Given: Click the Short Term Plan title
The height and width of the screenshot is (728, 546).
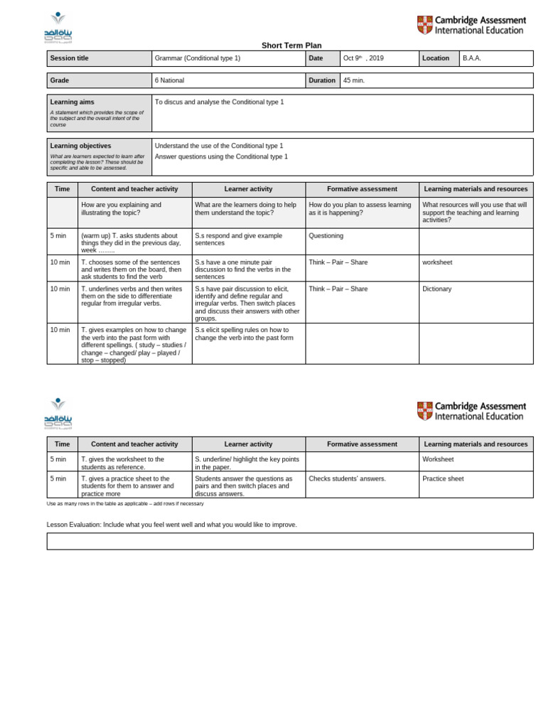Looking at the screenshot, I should coord(291,45).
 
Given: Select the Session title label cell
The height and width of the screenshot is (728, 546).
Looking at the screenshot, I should coord(69,58).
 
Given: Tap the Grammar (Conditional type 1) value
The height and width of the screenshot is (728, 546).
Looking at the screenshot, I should coord(198,58).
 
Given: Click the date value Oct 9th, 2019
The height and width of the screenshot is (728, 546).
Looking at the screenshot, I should coord(363,58).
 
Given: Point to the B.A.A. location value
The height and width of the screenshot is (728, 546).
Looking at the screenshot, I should coord(472,58).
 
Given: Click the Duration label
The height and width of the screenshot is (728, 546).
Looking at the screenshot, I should coord(322,80).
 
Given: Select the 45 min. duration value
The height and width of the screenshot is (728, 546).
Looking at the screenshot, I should coord(354,80).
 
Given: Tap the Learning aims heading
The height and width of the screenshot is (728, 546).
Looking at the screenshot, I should coord(72,102).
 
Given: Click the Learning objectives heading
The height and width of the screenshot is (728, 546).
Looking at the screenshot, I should coord(80,146).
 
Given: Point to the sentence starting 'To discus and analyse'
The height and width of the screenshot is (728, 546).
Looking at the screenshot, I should coord(219,102).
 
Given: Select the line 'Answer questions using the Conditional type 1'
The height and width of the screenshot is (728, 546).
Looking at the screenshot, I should coord(221,156).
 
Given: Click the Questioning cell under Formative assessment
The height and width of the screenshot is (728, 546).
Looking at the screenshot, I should coord(326,236).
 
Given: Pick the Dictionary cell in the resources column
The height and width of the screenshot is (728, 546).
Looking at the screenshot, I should coord(437,289).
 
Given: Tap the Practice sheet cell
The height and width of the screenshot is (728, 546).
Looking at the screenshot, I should coord(443,478).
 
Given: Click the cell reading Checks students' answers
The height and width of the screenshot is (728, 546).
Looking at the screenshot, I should coord(347,478).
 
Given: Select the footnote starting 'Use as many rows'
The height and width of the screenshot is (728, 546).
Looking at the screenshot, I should coord(125,503).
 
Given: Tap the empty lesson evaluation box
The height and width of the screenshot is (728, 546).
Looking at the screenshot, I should coord(290,541).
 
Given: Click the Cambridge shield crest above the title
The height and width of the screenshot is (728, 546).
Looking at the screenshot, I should coord(424,26).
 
